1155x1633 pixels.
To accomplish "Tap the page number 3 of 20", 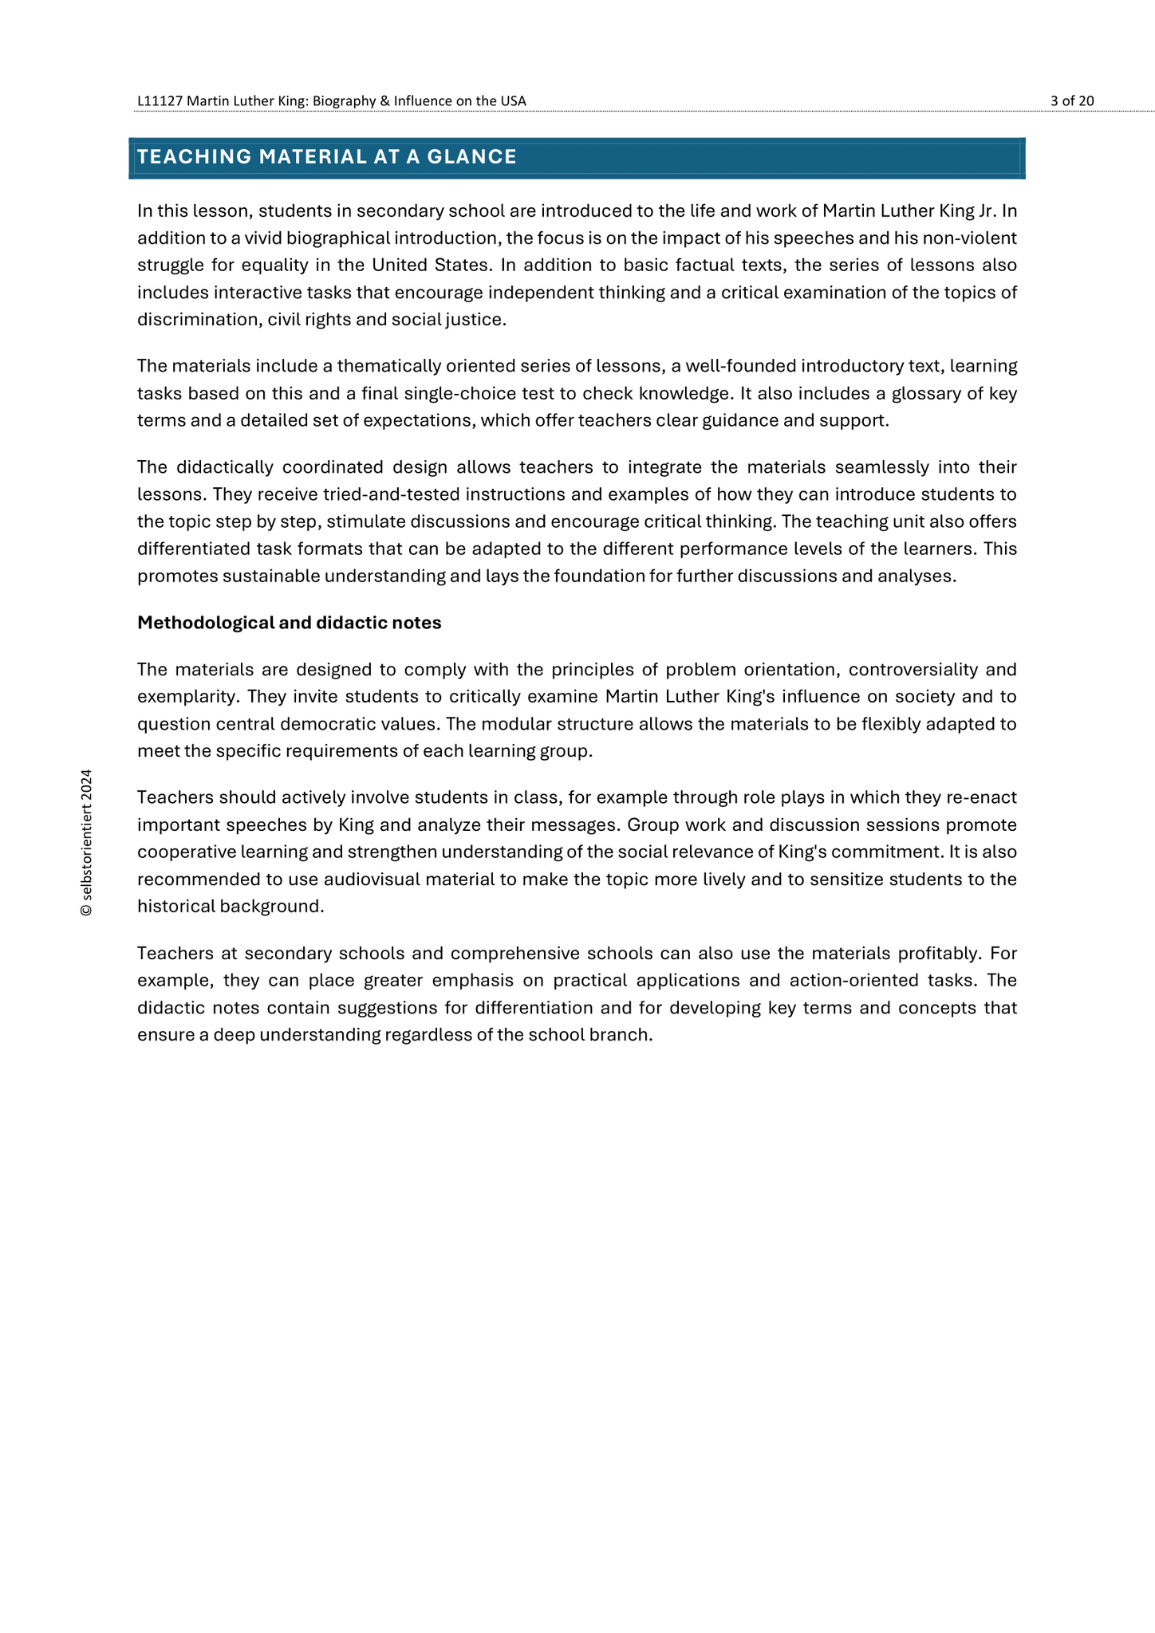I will click(1072, 100).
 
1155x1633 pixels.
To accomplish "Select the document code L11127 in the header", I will click(160, 100).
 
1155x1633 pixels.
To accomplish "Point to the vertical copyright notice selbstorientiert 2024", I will click(86, 843).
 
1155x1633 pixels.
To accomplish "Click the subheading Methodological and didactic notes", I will click(289, 623).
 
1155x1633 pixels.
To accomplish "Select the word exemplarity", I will click(187, 697).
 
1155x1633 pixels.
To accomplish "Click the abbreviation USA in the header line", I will click(514, 100).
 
